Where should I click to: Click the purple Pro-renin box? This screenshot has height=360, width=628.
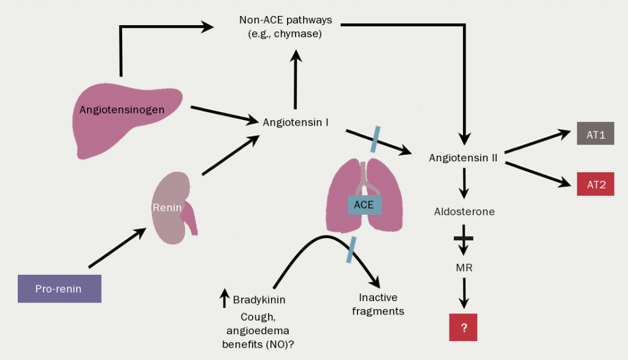click(59, 288)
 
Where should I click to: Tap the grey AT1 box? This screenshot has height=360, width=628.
click(595, 135)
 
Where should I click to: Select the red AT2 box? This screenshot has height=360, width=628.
click(595, 184)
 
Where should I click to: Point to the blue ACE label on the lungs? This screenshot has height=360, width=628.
click(364, 204)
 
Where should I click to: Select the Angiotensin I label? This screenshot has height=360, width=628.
click(296, 122)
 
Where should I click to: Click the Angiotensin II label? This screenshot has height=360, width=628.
click(463, 158)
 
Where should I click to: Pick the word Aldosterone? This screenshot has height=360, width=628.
click(464, 212)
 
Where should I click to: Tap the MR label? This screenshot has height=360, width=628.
click(464, 267)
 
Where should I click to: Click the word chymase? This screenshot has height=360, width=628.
click(300, 34)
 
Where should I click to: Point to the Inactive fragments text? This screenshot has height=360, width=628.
click(378, 304)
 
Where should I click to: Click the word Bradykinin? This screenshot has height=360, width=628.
click(259, 300)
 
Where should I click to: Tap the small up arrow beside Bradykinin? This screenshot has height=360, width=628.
click(224, 298)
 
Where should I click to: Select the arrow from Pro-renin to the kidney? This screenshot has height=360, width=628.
click(117, 248)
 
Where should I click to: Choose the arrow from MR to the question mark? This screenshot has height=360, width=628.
click(464, 293)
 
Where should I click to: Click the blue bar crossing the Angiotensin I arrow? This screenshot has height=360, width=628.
click(376, 139)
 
